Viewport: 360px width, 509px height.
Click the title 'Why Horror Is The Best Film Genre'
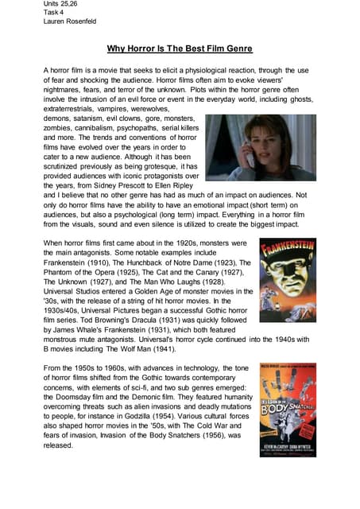180,49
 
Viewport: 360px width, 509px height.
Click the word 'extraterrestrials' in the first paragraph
72,109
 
